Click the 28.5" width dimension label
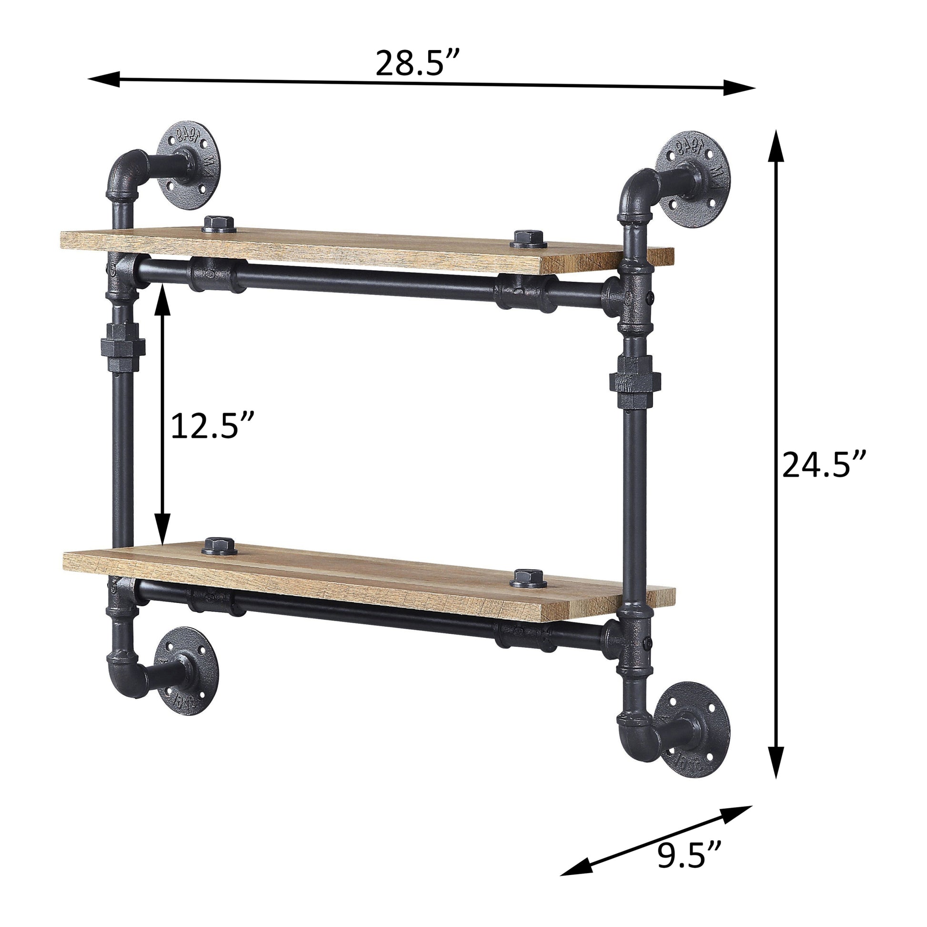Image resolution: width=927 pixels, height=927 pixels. (417, 63)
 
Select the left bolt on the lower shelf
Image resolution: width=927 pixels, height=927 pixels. (219, 546)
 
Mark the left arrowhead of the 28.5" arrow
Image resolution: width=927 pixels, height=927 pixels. (103, 79)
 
